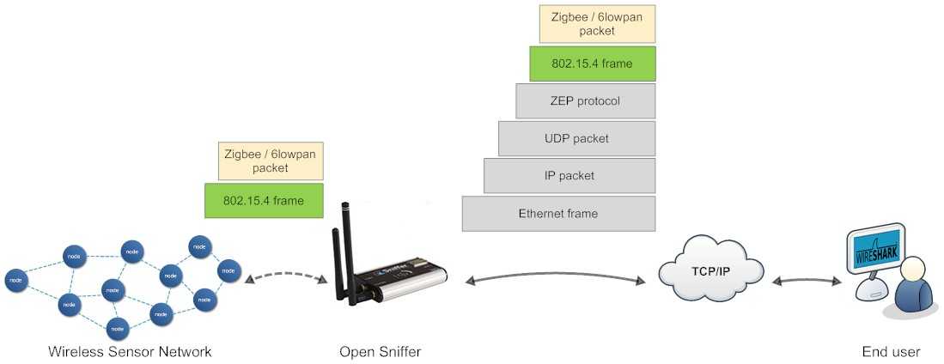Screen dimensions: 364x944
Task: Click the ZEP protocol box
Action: (x=585, y=100)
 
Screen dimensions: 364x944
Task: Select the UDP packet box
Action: (x=576, y=138)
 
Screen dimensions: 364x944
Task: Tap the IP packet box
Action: (x=569, y=175)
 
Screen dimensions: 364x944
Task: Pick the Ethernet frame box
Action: (x=558, y=214)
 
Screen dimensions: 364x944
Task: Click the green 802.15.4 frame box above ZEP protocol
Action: (x=592, y=63)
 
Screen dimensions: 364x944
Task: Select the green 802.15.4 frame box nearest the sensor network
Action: (x=263, y=200)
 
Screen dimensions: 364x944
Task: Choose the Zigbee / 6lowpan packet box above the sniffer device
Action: (x=270, y=161)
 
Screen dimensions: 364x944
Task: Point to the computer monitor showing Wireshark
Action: (x=875, y=250)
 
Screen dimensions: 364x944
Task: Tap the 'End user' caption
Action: (x=891, y=352)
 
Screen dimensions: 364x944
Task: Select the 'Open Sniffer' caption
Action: (x=380, y=352)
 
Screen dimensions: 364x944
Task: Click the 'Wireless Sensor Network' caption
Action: (x=130, y=352)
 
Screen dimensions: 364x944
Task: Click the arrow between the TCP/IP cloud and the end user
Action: (x=807, y=280)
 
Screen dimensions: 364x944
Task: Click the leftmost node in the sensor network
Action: (x=15, y=280)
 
